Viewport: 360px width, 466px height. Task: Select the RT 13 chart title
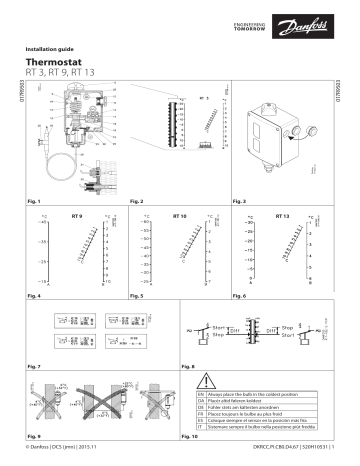click(281, 215)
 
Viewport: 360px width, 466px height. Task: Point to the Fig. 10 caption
click(191, 437)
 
